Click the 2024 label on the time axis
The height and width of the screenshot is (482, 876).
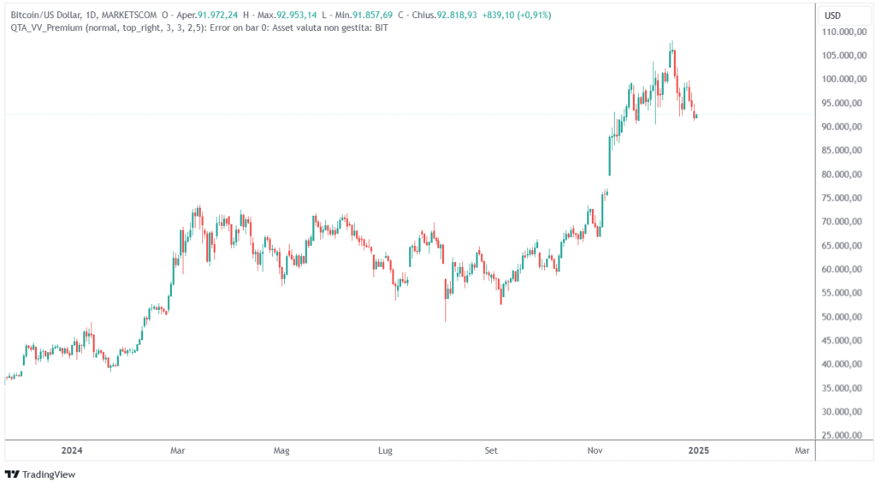coord(72,449)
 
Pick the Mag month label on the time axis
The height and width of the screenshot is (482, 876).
coord(281,449)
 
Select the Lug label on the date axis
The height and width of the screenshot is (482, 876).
coord(385,449)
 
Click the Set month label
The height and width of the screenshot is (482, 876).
coord(490,449)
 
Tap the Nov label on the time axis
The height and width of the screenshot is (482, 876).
coord(595,449)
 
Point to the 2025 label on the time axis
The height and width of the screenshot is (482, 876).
coord(700,449)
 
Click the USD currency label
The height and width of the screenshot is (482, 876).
coord(832,15)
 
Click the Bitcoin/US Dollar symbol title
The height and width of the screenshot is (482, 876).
coord(46,15)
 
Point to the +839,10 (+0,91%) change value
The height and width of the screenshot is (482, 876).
coord(521,15)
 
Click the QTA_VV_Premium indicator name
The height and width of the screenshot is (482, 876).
coord(47,27)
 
